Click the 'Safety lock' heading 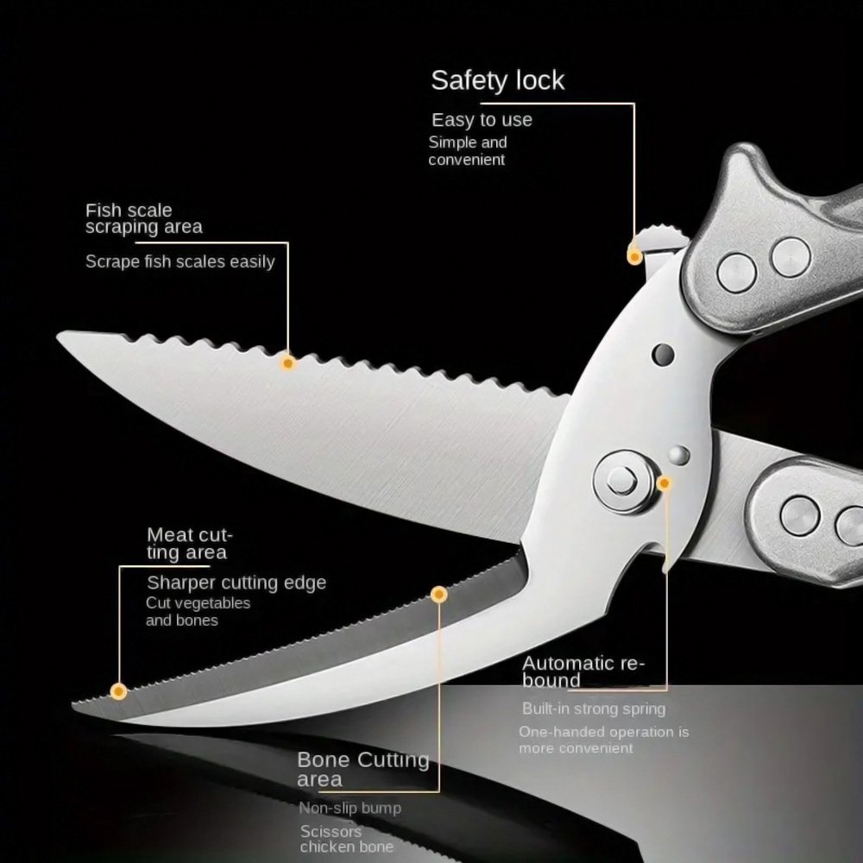(498, 81)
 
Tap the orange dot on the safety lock (634, 256)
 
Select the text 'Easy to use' (482, 120)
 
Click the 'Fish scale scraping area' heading (143, 218)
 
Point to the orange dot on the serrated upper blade (287, 363)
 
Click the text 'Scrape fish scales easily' (180, 261)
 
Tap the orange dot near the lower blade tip (118, 691)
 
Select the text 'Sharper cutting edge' (236, 583)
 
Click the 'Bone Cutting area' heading (362, 770)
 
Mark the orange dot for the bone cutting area (438, 595)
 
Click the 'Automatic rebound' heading (583, 671)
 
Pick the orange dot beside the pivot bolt (664, 483)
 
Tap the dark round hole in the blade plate (663, 355)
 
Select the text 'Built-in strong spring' (594, 709)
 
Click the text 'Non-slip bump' (350, 808)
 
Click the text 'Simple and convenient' (468, 151)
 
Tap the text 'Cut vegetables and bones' (198, 612)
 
